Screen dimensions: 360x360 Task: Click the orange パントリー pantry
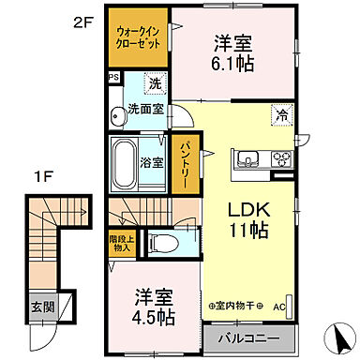[x=185, y=164]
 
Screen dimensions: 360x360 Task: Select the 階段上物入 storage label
[x=122, y=244]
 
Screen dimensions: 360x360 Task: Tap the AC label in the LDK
[x=277, y=306]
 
